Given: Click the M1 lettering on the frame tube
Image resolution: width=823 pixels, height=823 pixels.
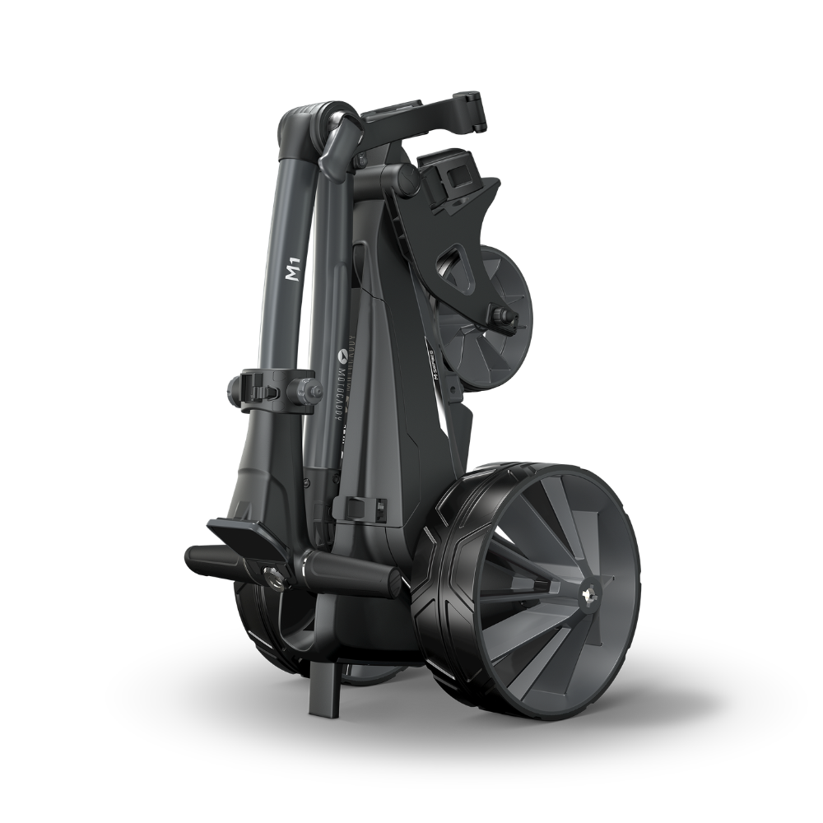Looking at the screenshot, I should [x=292, y=272].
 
